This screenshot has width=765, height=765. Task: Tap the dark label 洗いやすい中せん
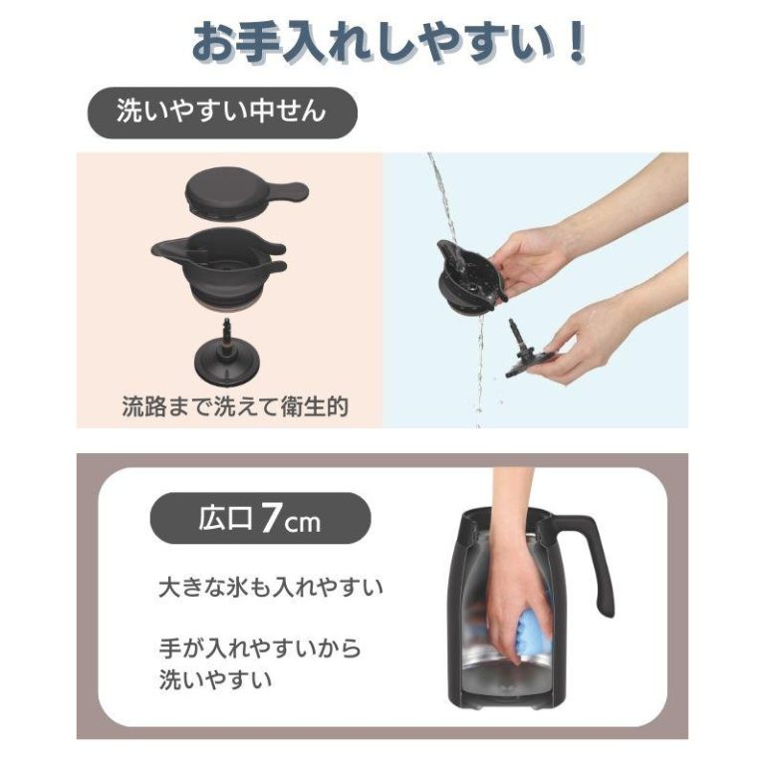coord(222,113)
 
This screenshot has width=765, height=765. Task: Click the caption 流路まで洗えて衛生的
coord(235,406)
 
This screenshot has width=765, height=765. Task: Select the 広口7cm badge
coord(260,519)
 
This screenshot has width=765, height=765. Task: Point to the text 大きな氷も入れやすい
coord(271,588)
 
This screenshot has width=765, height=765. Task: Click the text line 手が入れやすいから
coord(261,648)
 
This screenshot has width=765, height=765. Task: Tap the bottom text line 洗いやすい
coord(215,679)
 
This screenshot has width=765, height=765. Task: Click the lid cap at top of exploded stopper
coord(246,192)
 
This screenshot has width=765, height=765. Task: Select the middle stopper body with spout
coord(218,266)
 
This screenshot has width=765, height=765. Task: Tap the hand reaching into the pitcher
coord(513,571)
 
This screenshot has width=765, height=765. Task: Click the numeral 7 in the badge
coord(269,519)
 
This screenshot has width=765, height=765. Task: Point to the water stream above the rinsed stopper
coord(443,200)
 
